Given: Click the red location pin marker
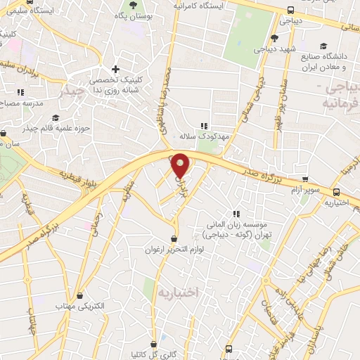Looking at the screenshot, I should (181, 165).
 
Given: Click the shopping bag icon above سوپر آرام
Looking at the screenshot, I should (304, 179).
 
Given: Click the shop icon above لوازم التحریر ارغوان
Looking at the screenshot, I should (174, 239).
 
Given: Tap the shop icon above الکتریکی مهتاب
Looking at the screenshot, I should (80, 295).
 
